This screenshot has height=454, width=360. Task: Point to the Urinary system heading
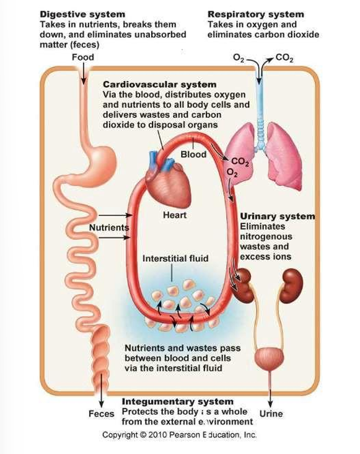(277, 216)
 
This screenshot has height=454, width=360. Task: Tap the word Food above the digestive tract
(82, 58)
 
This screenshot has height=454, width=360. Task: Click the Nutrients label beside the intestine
(109, 227)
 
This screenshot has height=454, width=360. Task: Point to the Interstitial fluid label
(175, 257)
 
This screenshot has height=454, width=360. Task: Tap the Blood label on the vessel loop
(192, 154)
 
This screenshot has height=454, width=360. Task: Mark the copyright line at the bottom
(179, 435)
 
